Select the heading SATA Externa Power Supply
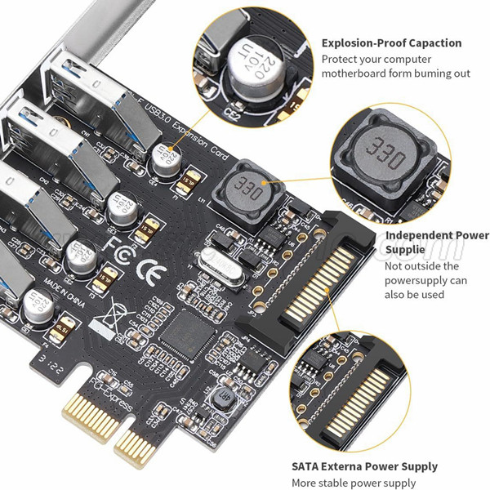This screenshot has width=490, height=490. tap(364, 466)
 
